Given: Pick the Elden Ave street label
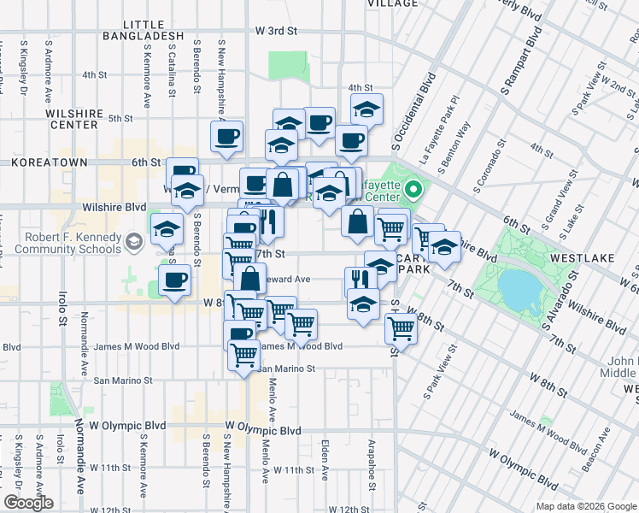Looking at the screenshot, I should click(325, 459).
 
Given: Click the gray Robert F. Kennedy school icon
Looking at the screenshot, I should click(133, 243).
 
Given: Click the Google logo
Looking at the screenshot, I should click(28, 503).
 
